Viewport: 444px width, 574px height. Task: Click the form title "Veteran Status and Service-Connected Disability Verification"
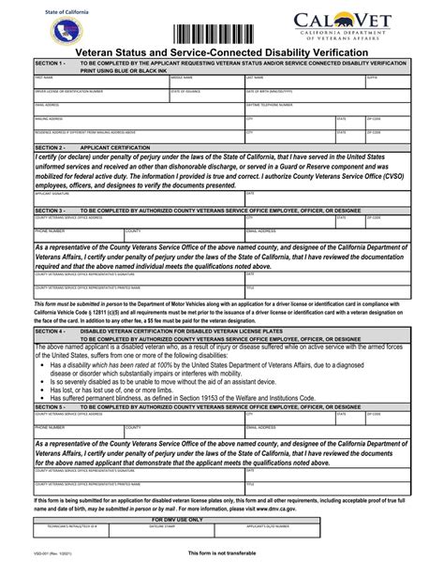221,52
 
